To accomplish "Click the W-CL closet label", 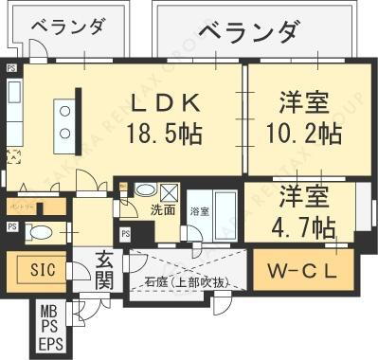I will tap(299, 272).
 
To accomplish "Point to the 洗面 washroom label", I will tap(163, 210).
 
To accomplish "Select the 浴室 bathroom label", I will tap(199, 210).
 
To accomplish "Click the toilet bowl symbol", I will tap(41, 232).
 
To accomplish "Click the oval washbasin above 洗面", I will tap(145, 189).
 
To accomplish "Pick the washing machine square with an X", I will tap(167, 189).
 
